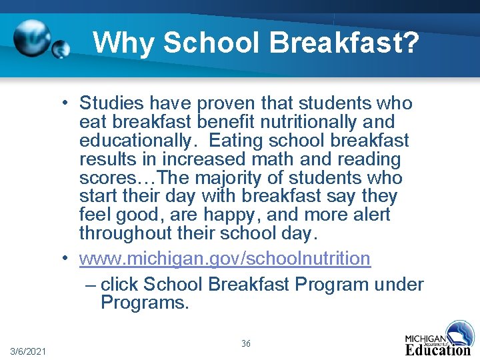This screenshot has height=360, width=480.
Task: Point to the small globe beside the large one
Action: click(61, 49)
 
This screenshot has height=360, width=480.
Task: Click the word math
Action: click(277, 160)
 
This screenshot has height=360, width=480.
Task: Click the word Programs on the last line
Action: click(143, 303)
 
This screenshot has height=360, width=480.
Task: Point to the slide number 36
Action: click(246, 343)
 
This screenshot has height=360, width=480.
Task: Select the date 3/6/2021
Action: click(29, 351)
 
